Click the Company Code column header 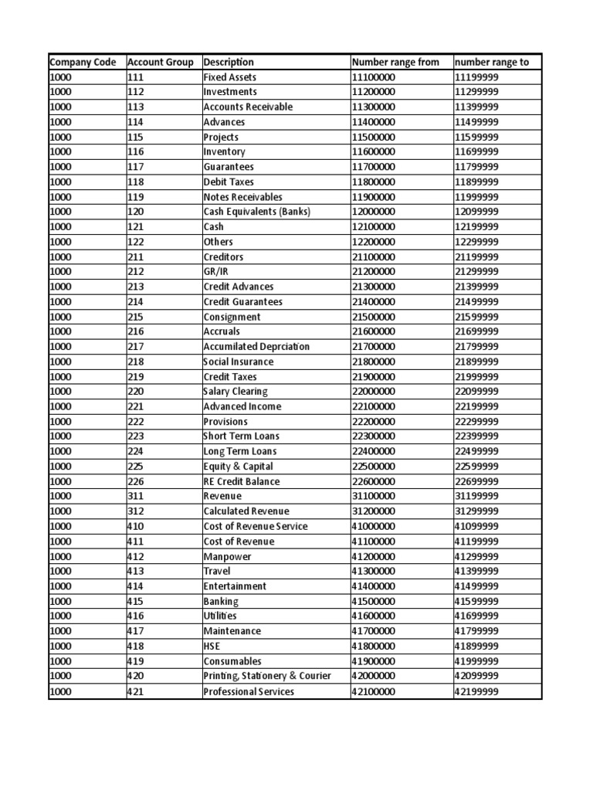pos(83,63)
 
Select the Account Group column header pos(160,63)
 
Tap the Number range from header pos(395,63)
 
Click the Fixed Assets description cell pos(229,77)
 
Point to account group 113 pos(135,107)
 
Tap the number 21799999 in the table pos(476,347)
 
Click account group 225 pos(135,467)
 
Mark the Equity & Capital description pos(238,467)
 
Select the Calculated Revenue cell pos(246,511)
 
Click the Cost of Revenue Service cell pos(255,527)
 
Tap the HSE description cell pos(212,647)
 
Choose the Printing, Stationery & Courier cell pos(266,677)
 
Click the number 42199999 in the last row pos(476,692)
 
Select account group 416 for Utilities pos(135,616)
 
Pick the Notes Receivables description pos(242,197)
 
